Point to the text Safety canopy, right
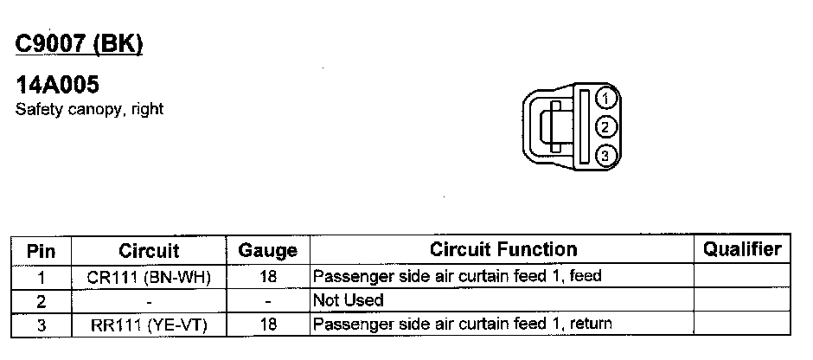90,110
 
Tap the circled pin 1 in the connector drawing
606,98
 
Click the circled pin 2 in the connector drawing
606,126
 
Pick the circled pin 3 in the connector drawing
606,156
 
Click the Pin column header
42,251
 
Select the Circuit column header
149,251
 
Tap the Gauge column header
268,251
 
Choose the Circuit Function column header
503,250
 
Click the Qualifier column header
742,250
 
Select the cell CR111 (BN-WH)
149,277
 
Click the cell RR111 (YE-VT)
149,325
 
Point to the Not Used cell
348,300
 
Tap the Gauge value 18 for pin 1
268,277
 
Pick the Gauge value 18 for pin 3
268,325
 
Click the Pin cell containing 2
42,300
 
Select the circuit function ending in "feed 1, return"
463,325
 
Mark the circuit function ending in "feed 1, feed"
457,277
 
